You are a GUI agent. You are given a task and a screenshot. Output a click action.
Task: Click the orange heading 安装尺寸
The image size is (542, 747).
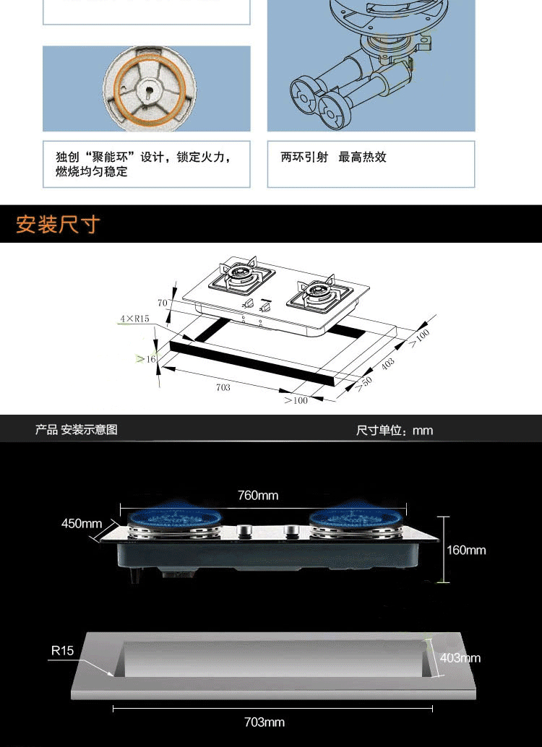coord(58,224)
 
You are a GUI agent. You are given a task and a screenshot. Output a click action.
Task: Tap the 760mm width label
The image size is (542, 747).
coord(258,496)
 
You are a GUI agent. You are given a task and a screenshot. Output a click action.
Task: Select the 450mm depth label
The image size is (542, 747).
coord(82,524)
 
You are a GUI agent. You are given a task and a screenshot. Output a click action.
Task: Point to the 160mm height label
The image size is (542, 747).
coord(466,550)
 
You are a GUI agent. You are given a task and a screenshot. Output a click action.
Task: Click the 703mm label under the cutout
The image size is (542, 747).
coord(264,722)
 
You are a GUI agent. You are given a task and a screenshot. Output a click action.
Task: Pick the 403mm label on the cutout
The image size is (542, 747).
coord(460,658)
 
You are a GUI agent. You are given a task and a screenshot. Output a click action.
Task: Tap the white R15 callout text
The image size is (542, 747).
coord(62,651)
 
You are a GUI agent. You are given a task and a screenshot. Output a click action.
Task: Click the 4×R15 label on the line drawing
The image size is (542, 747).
coord(135,319)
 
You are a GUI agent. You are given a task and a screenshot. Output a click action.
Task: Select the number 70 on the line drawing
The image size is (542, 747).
coord(162,302)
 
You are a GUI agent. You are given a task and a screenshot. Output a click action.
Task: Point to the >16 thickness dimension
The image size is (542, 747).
coord(147,358)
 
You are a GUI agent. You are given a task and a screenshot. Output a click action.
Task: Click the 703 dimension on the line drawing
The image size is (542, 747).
coord(223,387)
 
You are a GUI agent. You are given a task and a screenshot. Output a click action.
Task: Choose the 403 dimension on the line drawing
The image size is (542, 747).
coord(389,363)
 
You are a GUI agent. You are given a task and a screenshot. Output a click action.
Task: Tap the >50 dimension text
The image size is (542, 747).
coord(364,384)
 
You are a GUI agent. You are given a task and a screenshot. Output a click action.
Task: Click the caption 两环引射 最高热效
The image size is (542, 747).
coord(333,157)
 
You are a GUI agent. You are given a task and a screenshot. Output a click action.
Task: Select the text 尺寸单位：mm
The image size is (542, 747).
coord(395,431)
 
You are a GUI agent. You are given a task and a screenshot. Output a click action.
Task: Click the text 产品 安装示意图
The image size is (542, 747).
coord(77,430)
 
